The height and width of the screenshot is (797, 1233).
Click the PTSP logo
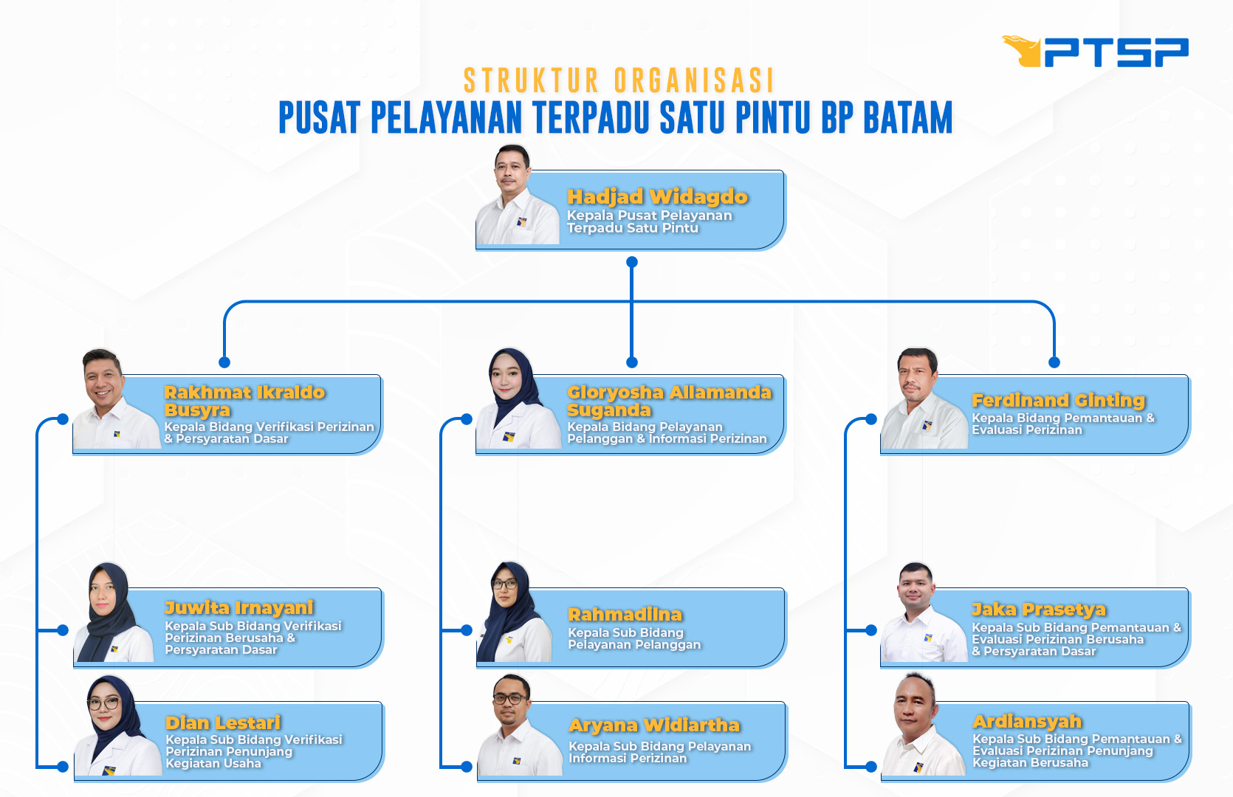coord(1095,52)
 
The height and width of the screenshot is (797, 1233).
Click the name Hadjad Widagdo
coord(657,197)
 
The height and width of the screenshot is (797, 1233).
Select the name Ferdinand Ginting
coord(1058,401)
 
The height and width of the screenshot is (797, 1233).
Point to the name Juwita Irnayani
coord(239,608)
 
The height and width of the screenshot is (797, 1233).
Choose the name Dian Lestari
coord(223,722)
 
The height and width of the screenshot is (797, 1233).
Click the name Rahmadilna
coord(625,615)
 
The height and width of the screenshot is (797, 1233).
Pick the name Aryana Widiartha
coord(654,725)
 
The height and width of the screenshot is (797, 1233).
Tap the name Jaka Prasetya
coord(1039,610)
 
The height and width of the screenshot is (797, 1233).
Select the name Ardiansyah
coord(1027,722)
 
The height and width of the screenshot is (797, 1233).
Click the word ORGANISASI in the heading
coord(694,80)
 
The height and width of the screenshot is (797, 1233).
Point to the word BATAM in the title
coord(907,117)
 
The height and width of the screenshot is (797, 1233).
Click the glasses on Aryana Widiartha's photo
coord(510,699)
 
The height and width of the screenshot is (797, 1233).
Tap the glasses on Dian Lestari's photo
coord(103,703)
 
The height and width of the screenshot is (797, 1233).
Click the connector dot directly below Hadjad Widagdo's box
coord(632,263)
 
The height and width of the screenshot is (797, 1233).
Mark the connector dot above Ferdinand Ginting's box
coord(1054,362)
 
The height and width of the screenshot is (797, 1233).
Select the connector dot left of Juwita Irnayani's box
coord(63,630)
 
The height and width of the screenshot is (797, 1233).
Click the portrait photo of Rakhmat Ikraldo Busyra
coord(116,398)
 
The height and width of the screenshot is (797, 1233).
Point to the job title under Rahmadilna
coord(634,638)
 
